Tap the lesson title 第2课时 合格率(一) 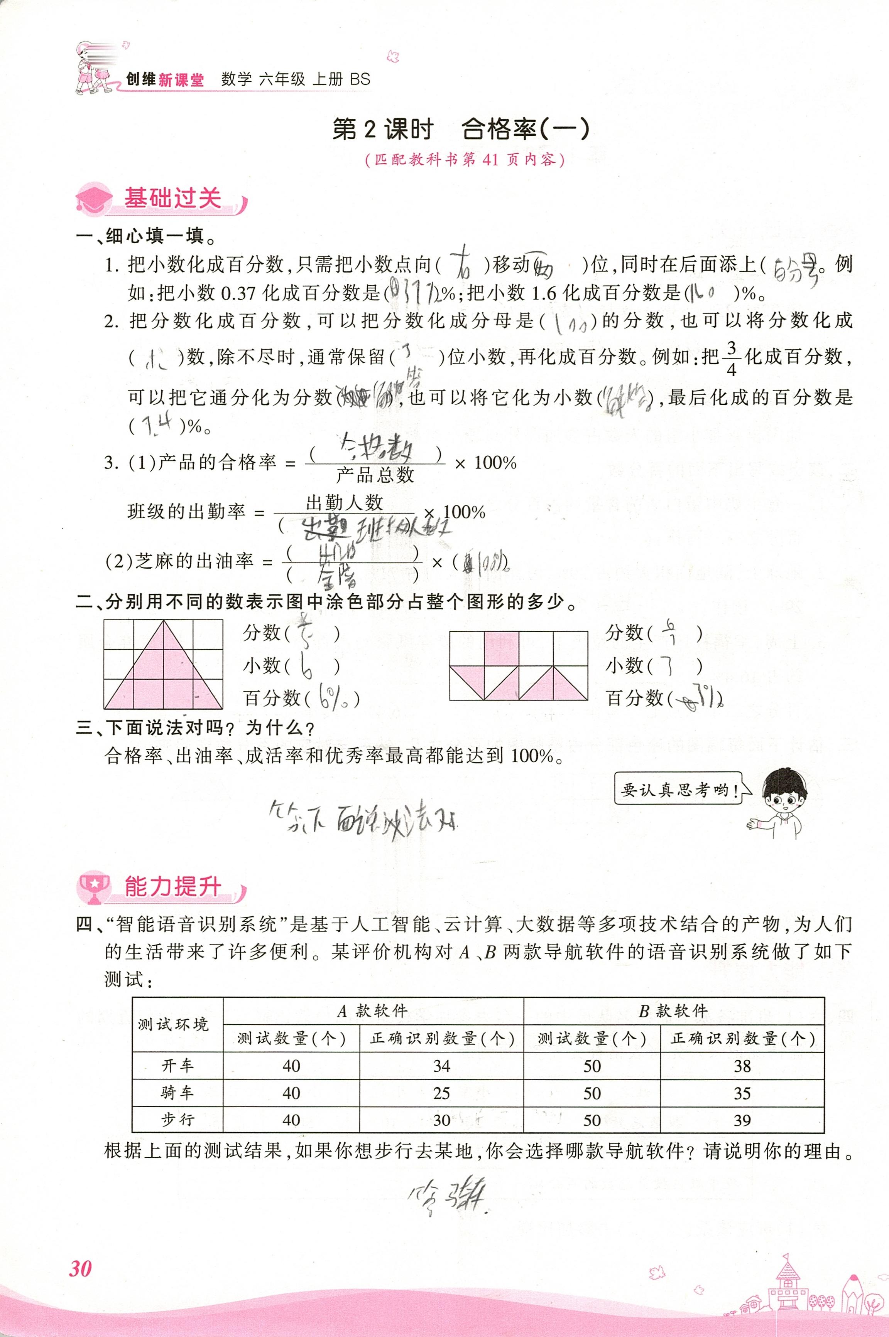click(x=460, y=130)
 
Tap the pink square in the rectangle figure click(x=501, y=648)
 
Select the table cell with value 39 click(x=742, y=1120)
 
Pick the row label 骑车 click(x=177, y=1093)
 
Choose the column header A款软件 click(x=372, y=1011)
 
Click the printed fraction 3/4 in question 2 click(x=732, y=358)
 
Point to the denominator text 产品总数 click(x=375, y=475)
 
